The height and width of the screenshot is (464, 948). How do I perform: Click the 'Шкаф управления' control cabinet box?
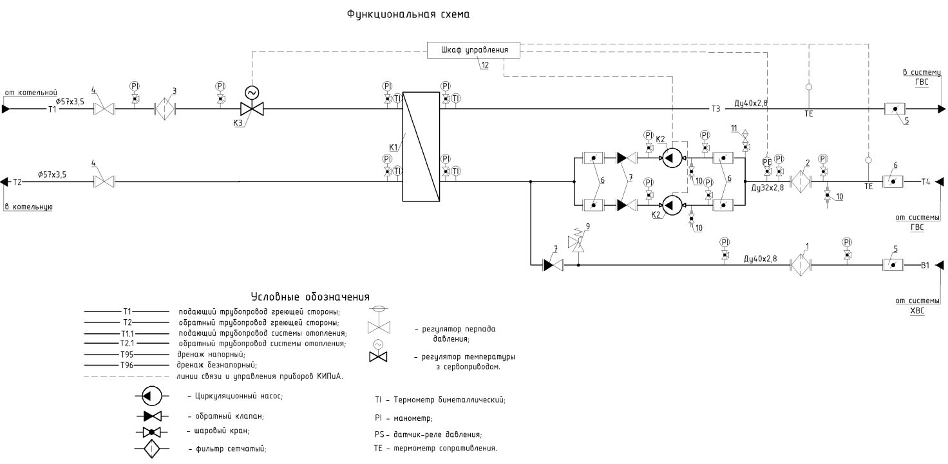coord(473,50)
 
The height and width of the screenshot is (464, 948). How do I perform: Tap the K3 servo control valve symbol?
coord(252,109)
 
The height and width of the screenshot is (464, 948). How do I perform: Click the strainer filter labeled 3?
coord(166,109)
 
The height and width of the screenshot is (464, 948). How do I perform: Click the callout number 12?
coord(484,65)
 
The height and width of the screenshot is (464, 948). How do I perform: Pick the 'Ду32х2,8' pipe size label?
coord(768,189)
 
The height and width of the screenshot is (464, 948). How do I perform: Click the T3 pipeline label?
coord(716,109)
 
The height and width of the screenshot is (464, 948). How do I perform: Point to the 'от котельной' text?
coord(32,92)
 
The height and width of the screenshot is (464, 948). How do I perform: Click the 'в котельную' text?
coord(28,207)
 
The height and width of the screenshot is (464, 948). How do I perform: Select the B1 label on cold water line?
coord(925,264)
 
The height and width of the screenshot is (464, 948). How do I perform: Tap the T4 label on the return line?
coord(925,181)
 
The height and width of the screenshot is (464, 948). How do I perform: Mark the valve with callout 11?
coord(745,147)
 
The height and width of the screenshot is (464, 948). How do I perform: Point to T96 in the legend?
coord(126,365)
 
